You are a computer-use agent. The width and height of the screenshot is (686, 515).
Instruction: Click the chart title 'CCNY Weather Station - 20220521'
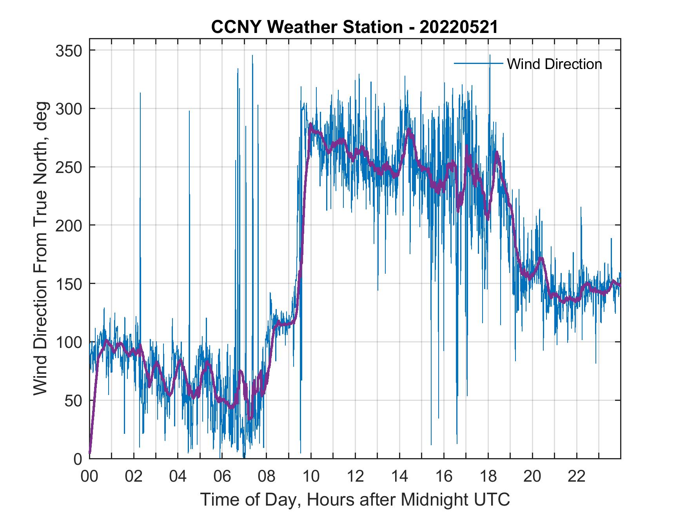[354, 27]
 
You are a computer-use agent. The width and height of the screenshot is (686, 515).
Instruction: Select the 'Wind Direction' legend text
[554, 64]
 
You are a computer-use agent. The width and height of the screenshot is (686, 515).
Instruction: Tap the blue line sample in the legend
[478, 63]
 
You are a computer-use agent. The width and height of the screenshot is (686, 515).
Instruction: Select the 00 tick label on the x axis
[89, 477]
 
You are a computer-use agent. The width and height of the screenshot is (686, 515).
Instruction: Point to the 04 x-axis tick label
[178, 477]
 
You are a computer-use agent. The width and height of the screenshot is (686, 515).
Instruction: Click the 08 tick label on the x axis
[267, 477]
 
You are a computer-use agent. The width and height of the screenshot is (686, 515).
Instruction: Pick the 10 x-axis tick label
[311, 477]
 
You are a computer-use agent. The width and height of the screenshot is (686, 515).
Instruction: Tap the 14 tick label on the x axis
[399, 477]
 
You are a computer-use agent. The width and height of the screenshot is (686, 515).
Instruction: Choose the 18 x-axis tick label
[488, 477]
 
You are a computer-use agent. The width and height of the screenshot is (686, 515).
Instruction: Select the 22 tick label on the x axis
[577, 477]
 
